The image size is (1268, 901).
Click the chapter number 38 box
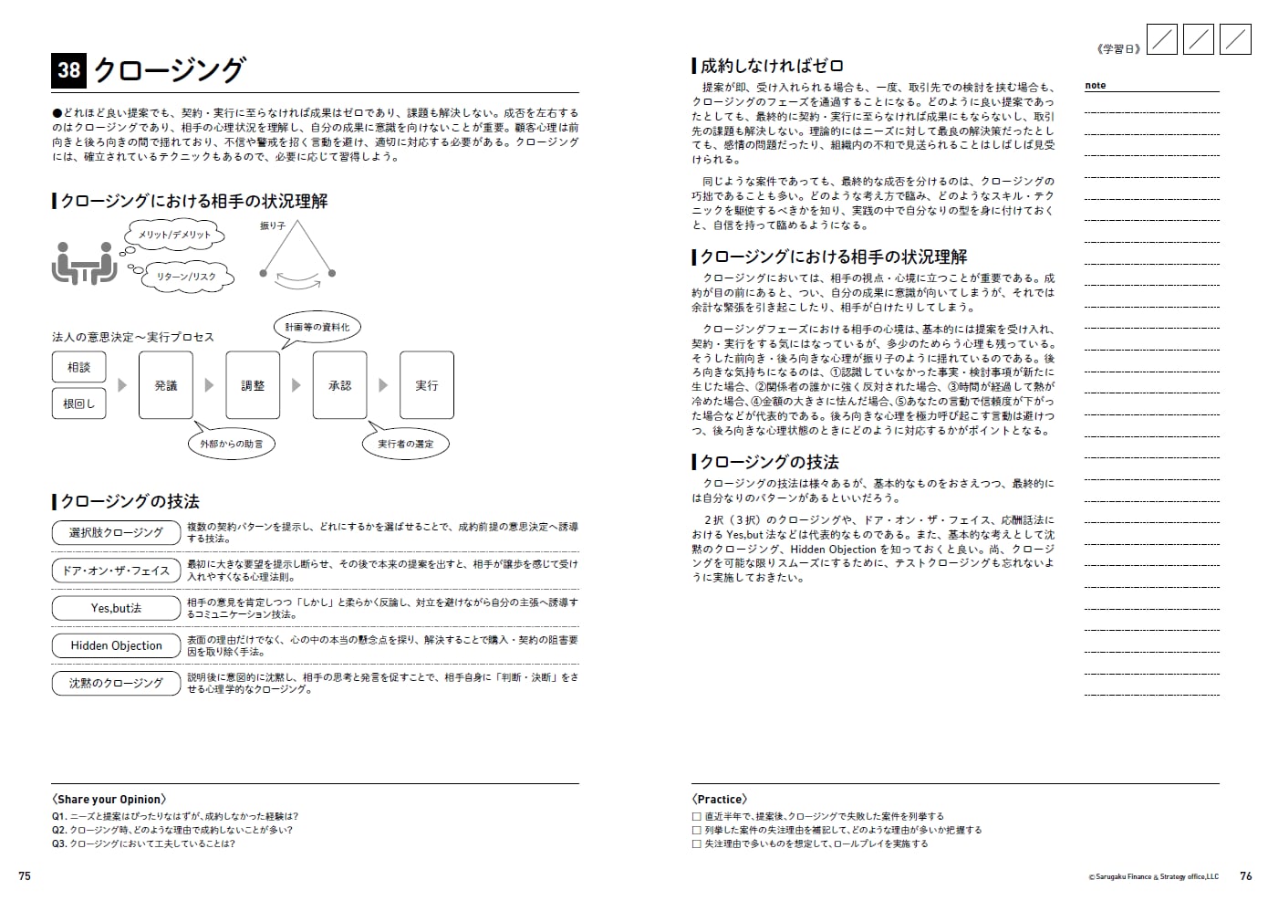pos(68,70)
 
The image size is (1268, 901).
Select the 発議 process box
pos(166,385)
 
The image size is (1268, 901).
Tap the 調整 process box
pos(253,385)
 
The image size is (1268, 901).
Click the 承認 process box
pos(340,385)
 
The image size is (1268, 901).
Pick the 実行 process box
pos(427,385)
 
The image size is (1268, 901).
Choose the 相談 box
pos(78,367)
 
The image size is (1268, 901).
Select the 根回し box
pos(78,403)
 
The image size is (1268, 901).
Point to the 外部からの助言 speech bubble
pos(232,444)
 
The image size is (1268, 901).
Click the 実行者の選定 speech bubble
pos(406,444)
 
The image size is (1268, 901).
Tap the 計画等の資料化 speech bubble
pos(317,327)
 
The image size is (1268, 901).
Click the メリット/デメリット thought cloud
pos(174,236)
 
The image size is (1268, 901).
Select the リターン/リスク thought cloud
pos(186,277)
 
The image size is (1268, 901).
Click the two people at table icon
pos(84,264)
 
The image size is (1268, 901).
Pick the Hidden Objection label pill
pos(116,645)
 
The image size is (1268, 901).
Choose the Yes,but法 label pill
pos(116,608)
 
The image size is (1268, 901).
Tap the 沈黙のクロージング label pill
pos(116,683)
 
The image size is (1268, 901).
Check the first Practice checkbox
pos(697,817)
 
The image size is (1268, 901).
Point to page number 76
pos(1246,876)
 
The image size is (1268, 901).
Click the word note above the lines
pos(1095,86)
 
